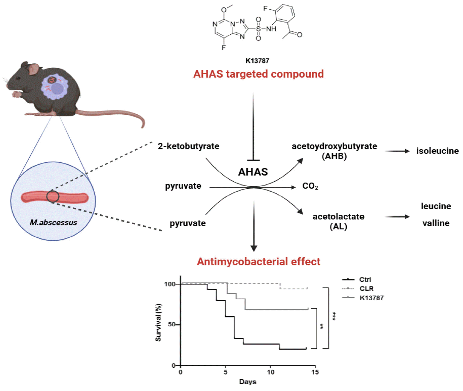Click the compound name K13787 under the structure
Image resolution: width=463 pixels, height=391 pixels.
257,61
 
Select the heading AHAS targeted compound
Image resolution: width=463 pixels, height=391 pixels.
258,74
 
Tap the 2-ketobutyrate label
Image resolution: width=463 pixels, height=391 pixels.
188,146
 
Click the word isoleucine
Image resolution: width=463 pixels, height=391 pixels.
437,151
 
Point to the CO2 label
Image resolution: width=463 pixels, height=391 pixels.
310,186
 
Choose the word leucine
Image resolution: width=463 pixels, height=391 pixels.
436,206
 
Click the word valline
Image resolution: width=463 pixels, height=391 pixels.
436,223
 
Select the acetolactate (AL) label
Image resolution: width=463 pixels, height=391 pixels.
338,221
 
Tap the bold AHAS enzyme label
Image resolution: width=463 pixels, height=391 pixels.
253,172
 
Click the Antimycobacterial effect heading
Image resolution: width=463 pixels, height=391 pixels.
258,262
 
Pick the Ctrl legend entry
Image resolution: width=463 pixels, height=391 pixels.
365,280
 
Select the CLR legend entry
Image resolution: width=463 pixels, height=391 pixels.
366,289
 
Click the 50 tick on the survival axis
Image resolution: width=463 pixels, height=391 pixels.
172,325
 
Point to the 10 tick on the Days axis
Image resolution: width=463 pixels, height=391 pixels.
270,372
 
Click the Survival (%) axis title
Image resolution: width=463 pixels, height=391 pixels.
158,322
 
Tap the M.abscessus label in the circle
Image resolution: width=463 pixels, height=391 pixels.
54,222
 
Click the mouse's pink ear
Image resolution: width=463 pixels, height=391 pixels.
34,69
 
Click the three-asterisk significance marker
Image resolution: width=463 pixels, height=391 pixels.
334,316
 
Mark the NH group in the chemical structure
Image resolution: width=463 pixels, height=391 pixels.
271,29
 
